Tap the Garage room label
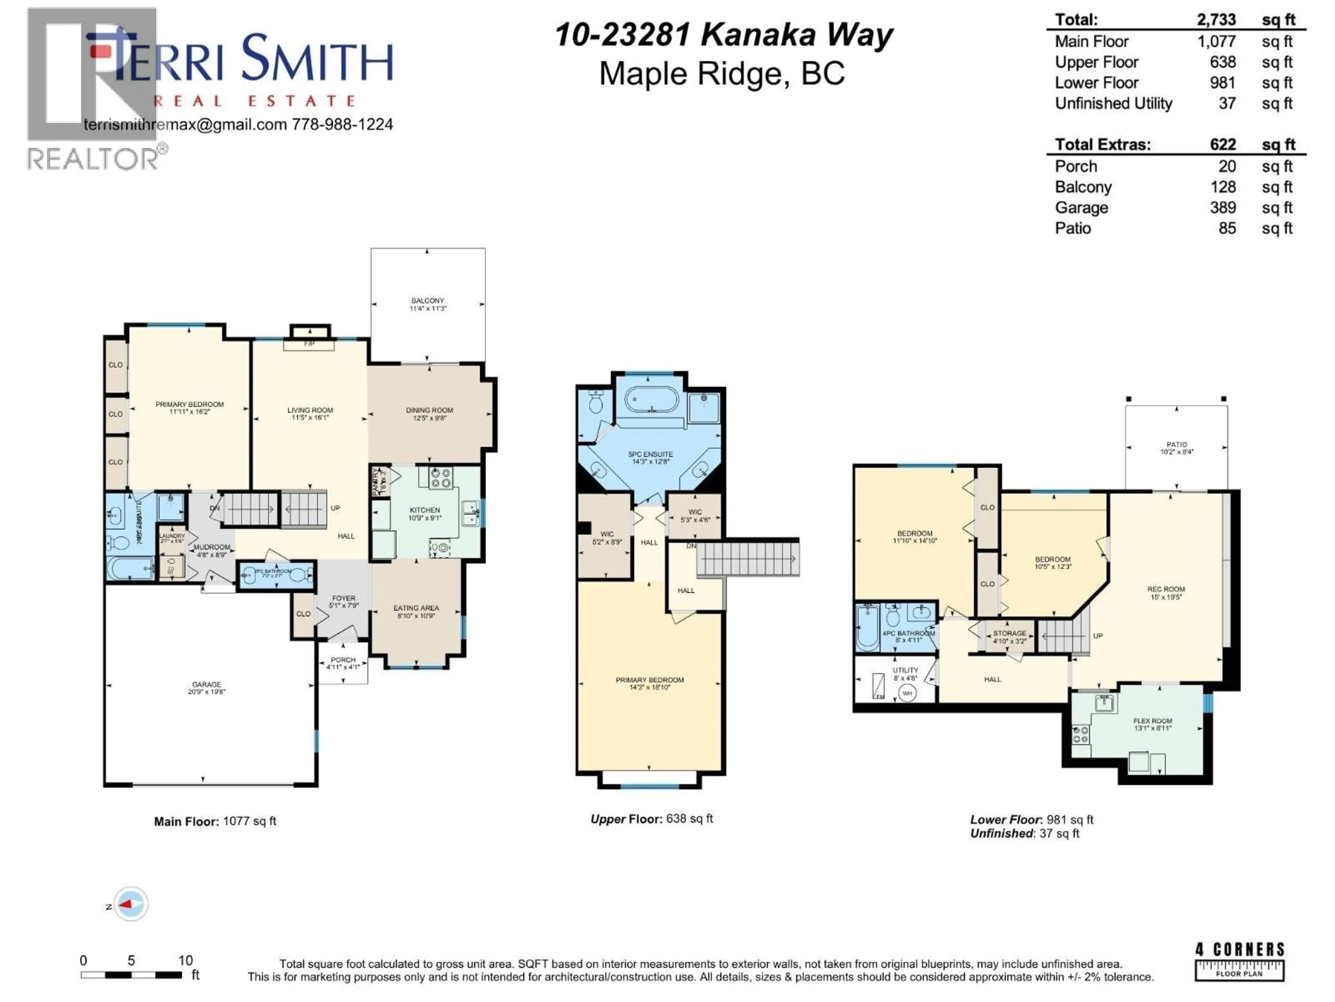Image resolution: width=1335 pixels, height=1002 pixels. pos(207,688)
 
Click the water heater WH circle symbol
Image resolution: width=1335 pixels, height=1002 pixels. pos(907,693)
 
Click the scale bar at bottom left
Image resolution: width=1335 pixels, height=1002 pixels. pos(131,974)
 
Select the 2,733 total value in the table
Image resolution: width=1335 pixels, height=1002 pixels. pos(1216,19)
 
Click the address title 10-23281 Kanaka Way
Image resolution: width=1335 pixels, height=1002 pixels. pos(723,35)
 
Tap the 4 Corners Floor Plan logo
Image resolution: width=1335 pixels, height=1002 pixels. pos(1240,962)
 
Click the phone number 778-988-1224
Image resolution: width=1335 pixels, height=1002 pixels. pos(342,125)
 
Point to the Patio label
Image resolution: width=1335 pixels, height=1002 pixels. pos(1176,447)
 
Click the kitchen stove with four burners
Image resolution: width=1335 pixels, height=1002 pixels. pos(440,478)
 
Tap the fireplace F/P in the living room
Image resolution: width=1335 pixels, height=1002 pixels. pos(309,344)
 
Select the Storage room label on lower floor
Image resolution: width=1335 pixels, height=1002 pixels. pos(1009,637)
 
